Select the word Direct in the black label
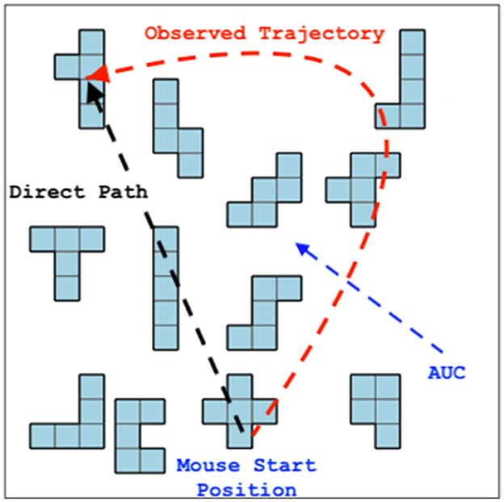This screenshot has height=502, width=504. point(44,192)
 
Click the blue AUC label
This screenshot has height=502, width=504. point(447,374)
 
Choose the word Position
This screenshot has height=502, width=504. point(246,489)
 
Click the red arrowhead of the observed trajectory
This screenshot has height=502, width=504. point(97,74)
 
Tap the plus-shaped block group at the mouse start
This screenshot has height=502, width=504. point(240,411)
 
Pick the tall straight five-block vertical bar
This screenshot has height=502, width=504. point(166,288)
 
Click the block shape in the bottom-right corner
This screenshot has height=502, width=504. point(376,404)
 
